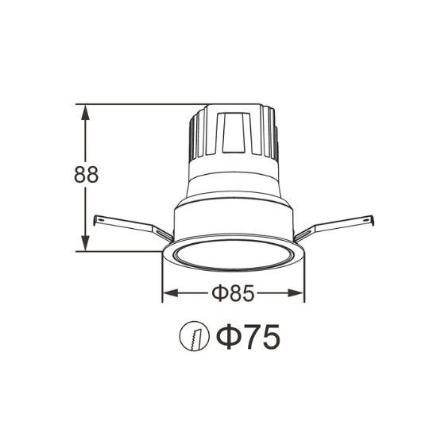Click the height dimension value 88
(86, 175)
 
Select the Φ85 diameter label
(233, 293)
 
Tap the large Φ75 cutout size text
(248, 336)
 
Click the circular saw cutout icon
(194, 336)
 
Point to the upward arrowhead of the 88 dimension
(85, 112)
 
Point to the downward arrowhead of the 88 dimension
(85, 243)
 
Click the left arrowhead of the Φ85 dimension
(170, 293)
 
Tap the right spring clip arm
(335, 227)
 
